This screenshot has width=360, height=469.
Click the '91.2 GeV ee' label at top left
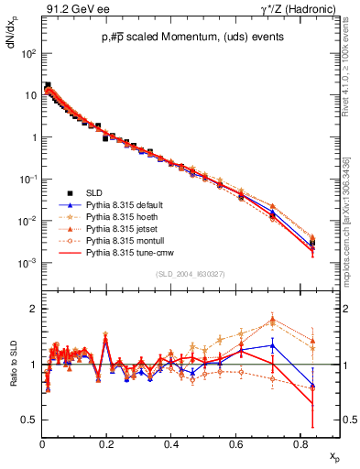[70, 9]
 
